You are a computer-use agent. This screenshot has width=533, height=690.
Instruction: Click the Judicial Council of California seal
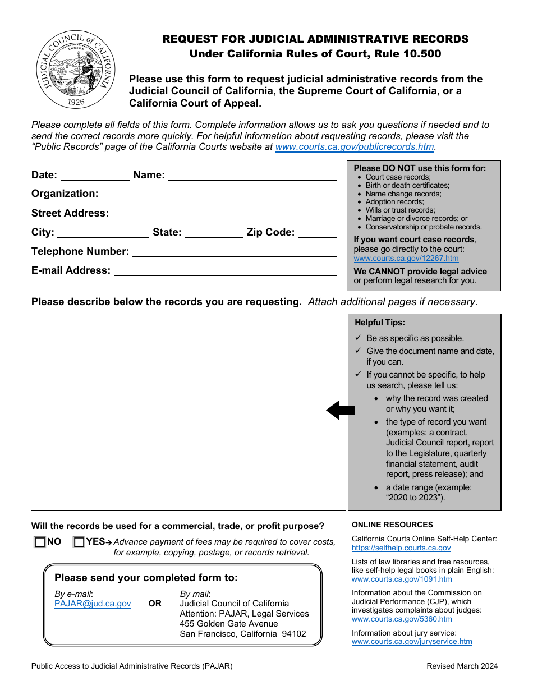tap(76, 70)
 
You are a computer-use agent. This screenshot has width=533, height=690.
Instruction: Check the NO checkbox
tap(39, 542)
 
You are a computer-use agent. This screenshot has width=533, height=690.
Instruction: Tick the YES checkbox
tap(79, 542)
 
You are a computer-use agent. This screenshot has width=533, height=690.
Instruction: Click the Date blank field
tap(95, 176)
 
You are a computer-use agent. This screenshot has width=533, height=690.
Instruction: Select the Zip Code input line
tap(317, 233)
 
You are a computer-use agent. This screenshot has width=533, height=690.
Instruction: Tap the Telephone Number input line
tap(234, 252)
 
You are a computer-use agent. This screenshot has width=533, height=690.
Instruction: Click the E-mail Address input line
tap(225, 271)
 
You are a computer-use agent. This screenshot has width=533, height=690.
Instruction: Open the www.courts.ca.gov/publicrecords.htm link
tap(355, 147)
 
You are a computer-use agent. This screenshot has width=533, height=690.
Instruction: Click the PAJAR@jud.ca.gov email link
tap(93, 604)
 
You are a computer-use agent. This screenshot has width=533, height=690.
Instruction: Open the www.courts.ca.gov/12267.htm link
tap(406, 259)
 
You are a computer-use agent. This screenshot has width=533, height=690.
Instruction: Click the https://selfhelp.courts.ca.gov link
tap(401, 548)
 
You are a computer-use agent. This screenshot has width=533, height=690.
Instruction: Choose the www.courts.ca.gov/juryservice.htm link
tap(412, 642)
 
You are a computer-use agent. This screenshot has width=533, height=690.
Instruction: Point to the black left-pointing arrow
tap(341, 411)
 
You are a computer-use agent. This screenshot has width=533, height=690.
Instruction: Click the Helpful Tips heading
tap(379, 323)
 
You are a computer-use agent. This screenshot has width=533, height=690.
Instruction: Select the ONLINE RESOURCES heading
tap(392, 525)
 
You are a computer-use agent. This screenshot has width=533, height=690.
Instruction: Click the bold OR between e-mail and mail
tap(155, 604)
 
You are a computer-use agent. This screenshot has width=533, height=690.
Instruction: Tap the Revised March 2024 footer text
tap(462, 666)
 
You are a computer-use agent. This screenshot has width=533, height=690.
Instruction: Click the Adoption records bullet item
tap(394, 202)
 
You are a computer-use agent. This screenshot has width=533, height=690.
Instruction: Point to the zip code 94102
tap(295, 634)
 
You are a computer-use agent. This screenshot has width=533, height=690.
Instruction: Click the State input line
tap(213, 233)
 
